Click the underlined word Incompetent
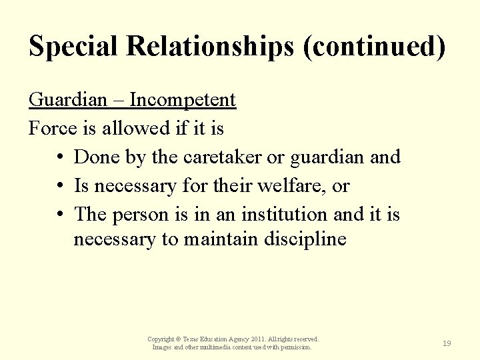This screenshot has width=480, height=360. point(183,100)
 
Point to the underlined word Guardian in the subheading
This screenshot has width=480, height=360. point(68,100)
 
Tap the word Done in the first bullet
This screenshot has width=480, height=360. point(97,157)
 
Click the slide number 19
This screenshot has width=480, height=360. point(447,343)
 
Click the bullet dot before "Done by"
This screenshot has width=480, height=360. point(60,158)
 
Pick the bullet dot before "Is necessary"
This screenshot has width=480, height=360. point(60,187)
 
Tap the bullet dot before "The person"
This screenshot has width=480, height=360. point(60,215)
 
